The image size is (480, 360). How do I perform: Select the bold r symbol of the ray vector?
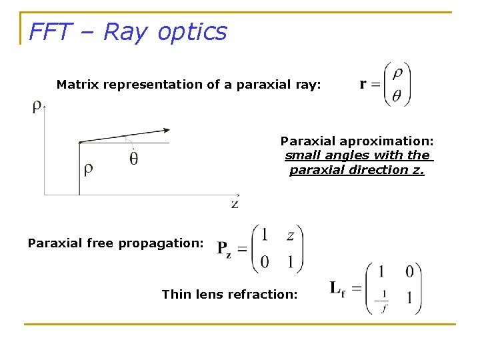(x=363, y=84)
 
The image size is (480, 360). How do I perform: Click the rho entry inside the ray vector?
(x=397, y=73)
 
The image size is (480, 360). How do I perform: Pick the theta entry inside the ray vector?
(x=397, y=96)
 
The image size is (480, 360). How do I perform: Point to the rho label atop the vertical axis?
(x=37, y=107)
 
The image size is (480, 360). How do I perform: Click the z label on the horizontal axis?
(x=235, y=203)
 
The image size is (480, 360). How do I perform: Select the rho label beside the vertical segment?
(x=88, y=170)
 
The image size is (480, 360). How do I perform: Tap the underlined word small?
(x=300, y=155)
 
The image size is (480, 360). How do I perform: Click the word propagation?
(x=167, y=243)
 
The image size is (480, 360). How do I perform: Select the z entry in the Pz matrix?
(x=290, y=235)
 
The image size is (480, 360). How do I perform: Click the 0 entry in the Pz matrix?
(x=265, y=261)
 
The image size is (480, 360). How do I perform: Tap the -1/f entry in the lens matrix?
(x=383, y=301)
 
